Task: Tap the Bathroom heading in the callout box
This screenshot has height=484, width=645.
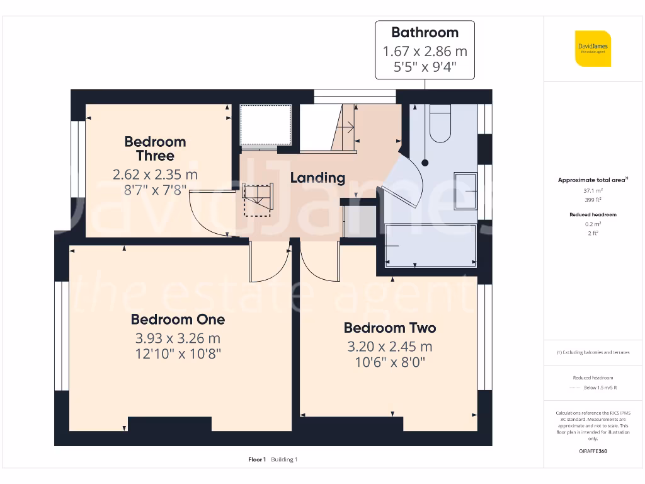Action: (x=425, y=32)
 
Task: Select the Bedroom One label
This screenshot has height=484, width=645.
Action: (x=178, y=320)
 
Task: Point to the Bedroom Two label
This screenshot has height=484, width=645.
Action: (x=389, y=328)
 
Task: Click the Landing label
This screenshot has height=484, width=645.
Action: (x=317, y=178)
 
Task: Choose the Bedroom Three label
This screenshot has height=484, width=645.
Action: (x=155, y=149)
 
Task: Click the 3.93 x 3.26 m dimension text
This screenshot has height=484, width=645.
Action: (x=178, y=338)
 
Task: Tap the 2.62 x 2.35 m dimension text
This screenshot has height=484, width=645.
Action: (x=155, y=175)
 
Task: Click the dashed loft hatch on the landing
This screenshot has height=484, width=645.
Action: (x=256, y=199)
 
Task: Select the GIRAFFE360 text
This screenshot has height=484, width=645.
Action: (x=592, y=451)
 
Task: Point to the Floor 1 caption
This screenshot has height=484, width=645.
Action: (x=257, y=459)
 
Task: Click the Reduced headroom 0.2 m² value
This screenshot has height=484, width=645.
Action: (x=592, y=224)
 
